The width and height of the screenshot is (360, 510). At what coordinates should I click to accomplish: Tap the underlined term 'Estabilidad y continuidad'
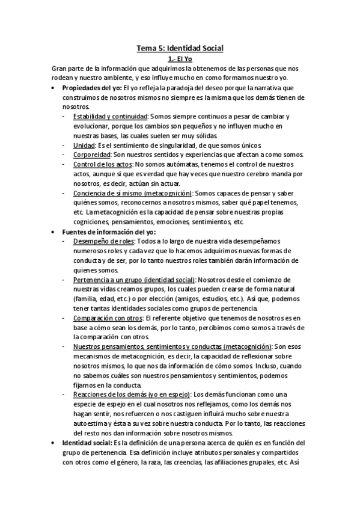108,116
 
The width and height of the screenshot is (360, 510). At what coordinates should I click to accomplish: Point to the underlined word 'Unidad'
83,145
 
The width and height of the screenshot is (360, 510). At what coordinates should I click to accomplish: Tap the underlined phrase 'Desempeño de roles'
100,241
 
